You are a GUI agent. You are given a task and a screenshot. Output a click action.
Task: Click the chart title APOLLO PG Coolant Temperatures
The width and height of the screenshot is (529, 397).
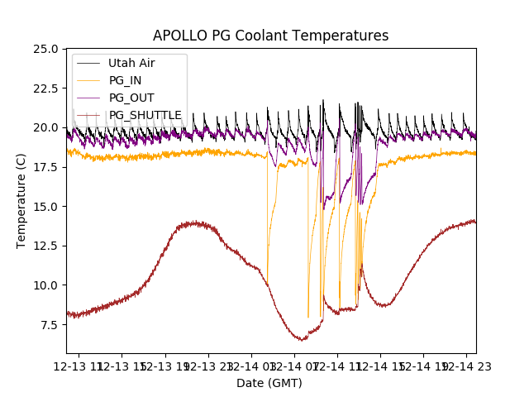[x=270, y=36]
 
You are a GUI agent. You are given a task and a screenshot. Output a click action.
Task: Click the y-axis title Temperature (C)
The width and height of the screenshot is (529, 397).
[x=21, y=200]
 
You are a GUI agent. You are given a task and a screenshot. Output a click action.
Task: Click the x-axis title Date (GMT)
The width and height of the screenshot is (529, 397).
[x=269, y=383]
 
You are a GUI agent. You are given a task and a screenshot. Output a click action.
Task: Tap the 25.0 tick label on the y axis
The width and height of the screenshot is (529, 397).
[x=45, y=49]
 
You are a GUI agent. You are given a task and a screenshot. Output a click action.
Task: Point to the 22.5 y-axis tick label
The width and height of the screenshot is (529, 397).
[x=45, y=88]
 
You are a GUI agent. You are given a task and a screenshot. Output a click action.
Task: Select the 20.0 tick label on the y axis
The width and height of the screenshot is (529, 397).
[x=45, y=127]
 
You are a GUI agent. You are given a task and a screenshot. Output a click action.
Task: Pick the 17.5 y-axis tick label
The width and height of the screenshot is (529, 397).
[x=45, y=167]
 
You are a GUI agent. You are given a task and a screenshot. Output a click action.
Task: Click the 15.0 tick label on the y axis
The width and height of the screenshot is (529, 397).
[x=45, y=206]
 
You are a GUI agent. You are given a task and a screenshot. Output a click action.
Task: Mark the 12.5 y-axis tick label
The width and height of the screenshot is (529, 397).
[x=45, y=246]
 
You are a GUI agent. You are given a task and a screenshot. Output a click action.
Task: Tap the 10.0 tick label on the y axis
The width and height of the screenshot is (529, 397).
[x=45, y=285]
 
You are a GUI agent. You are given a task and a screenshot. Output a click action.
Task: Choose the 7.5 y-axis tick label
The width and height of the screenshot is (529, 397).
[x=49, y=324]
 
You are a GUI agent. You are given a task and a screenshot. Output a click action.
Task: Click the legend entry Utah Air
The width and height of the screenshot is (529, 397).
[x=131, y=63]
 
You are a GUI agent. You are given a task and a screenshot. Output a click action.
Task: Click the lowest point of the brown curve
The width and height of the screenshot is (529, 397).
[x=303, y=340]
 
